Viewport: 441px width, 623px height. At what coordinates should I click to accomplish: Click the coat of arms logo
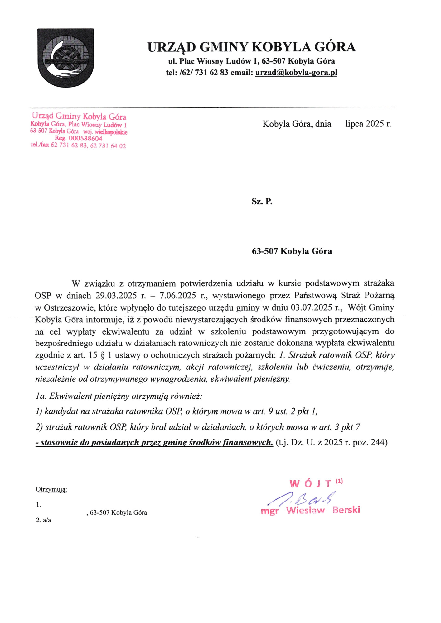click(x=65, y=58)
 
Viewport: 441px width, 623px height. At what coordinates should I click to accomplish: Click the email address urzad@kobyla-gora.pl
click(x=296, y=73)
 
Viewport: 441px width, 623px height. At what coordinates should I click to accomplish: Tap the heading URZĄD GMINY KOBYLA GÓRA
click(x=251, y=47)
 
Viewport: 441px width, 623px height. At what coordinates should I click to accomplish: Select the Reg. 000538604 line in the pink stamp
click(x=79, y=139)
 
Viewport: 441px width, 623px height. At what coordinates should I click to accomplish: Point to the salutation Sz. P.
click(x=262, y=202)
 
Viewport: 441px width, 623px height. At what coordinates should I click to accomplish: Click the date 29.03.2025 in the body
click(x=116, y=296)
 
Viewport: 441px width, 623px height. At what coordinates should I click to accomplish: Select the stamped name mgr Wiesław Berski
click(x=310, y=511)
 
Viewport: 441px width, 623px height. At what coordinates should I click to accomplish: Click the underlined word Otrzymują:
click(x=51, y=490)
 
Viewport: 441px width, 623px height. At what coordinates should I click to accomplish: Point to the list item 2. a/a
click(x=44, y=520)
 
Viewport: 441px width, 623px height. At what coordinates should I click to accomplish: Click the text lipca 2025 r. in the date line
click(x=368, y=124)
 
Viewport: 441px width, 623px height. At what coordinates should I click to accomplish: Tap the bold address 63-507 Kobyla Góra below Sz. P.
click(x=292, y=251)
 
